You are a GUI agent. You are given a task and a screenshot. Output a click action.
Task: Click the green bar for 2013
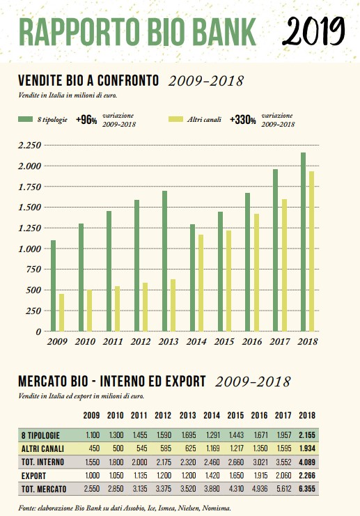coord(164,261)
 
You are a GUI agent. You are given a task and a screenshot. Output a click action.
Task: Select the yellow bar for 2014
coord(201,283)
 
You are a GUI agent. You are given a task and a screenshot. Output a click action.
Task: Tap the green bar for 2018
coord(303,242)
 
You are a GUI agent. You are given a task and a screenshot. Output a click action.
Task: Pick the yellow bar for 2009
coord(61,313)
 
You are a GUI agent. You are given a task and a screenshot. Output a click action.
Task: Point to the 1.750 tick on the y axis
coord(30,187)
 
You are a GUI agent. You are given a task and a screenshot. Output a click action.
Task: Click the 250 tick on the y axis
coord(34,311)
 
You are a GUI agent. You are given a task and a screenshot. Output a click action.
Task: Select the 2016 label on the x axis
coord(252,342)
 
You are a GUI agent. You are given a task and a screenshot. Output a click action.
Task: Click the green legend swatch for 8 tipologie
coord(25,119)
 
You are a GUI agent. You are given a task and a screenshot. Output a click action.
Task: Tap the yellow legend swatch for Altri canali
coord(175,119)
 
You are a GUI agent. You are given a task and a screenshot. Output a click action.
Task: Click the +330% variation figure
coord(243,120)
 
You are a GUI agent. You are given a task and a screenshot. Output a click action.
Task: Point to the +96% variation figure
coord(86,120)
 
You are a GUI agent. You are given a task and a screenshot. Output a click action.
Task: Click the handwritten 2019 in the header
coord(313,31)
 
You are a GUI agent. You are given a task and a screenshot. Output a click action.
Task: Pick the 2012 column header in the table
coord(163,415)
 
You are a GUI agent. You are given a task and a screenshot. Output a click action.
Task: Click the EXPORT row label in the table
coord(33,476)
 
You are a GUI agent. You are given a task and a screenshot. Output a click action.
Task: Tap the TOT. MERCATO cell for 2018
coord(307,489)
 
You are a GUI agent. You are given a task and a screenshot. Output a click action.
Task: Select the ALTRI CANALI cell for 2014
coord(212,448)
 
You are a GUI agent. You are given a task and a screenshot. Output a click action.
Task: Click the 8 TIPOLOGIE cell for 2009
coord(93,435)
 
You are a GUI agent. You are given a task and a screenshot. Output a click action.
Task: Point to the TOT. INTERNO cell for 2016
coord(260,462)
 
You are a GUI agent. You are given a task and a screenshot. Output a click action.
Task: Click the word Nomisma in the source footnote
coord(216,508)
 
